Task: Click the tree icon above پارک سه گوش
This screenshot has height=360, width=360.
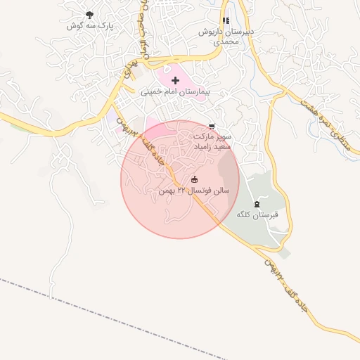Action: [89, 15]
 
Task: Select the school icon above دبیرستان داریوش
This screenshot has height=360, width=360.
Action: [225, 21]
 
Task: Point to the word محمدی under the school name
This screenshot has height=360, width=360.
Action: [226, 42]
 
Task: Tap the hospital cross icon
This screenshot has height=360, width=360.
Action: [175, 81]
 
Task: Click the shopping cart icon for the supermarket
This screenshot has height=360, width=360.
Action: [212, 126]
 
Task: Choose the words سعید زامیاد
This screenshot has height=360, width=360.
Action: [212, 148]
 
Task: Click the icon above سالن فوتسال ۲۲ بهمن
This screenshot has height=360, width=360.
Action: [195, 179]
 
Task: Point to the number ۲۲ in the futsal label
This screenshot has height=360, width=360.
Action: [181, 191]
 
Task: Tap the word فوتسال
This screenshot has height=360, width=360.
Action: [203, 191]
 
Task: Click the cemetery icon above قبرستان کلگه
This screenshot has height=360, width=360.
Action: [256, 203]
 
